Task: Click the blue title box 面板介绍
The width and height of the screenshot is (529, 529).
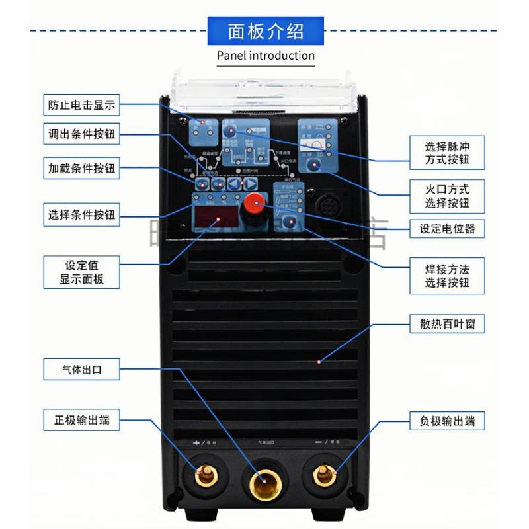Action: [x=266, y=32]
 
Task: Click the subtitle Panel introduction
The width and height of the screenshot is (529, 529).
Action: [x=266, y=55]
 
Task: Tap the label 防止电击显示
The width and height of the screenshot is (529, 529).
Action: [x=82, y=105]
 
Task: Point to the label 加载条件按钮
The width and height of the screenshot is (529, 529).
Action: [x=82, y=168]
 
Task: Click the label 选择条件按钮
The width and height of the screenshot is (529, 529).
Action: [x=82, y=214]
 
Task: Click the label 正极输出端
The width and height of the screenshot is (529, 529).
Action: [x=82, y=419]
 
